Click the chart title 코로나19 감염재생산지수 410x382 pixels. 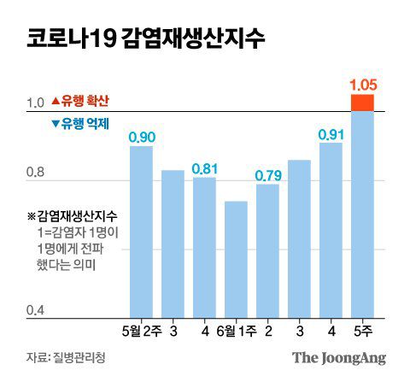145,39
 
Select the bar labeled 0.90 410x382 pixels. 141,231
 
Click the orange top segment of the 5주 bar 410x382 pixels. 362,103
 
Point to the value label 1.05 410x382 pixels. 362,85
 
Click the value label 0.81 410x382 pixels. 204,168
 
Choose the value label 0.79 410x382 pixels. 267,175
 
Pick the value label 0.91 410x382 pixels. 331,134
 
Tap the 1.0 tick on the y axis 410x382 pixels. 35,103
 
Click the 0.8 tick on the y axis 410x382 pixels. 35,174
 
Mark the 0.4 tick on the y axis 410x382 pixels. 35,311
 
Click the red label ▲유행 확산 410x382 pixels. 81,100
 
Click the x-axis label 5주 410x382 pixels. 362,329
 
